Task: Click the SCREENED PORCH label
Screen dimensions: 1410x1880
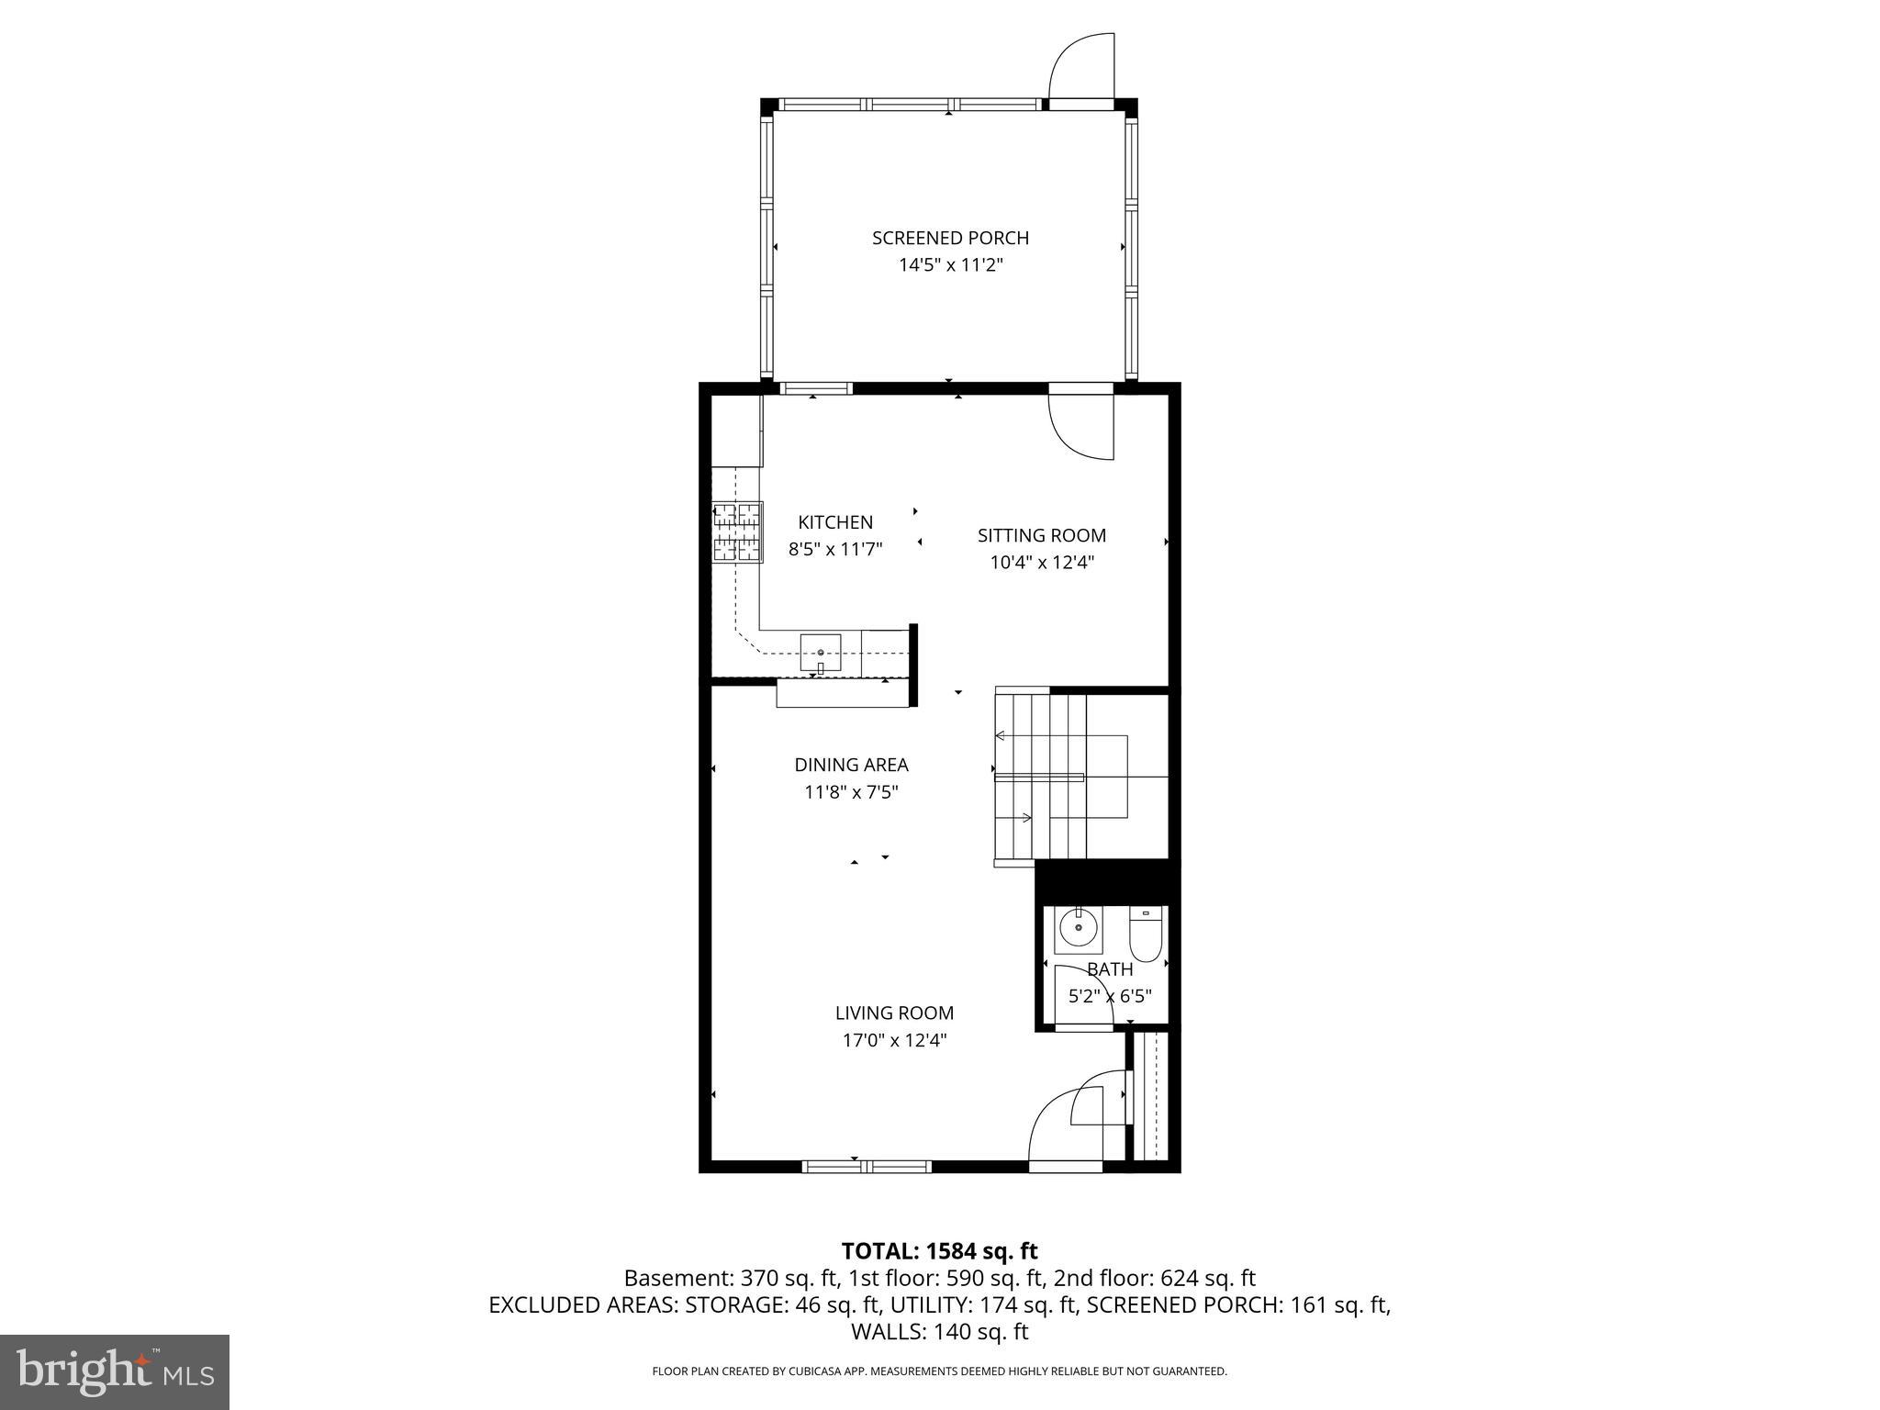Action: click(950, 238)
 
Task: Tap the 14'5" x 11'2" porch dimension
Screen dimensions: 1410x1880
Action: click(950, 265)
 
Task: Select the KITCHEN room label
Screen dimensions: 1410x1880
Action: click(835, 522)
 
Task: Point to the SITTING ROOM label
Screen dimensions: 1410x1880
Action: click(1041, 535)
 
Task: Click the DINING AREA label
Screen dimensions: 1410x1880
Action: click(851, 765)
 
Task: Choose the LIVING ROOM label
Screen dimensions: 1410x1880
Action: click(894, 1013)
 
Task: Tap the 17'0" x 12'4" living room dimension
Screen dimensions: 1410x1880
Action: click(894, 1040)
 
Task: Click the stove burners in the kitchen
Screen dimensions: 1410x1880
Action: click(738, 532)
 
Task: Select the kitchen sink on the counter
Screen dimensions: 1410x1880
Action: click(820, 653)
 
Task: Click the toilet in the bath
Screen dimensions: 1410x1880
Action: click(1146, 934)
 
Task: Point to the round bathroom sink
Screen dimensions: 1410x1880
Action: click(1077, 929)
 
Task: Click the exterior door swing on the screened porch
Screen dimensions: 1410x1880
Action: click(1081, 69)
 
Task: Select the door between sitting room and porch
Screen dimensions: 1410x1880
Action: click(1081, 425)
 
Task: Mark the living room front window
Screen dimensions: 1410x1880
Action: click(867, 1167)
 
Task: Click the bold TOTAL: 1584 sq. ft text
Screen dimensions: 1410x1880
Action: click(939, 1250)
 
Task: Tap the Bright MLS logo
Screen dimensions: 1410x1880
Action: click(115, 1372)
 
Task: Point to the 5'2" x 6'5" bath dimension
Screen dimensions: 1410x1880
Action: click(1110, 996)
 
